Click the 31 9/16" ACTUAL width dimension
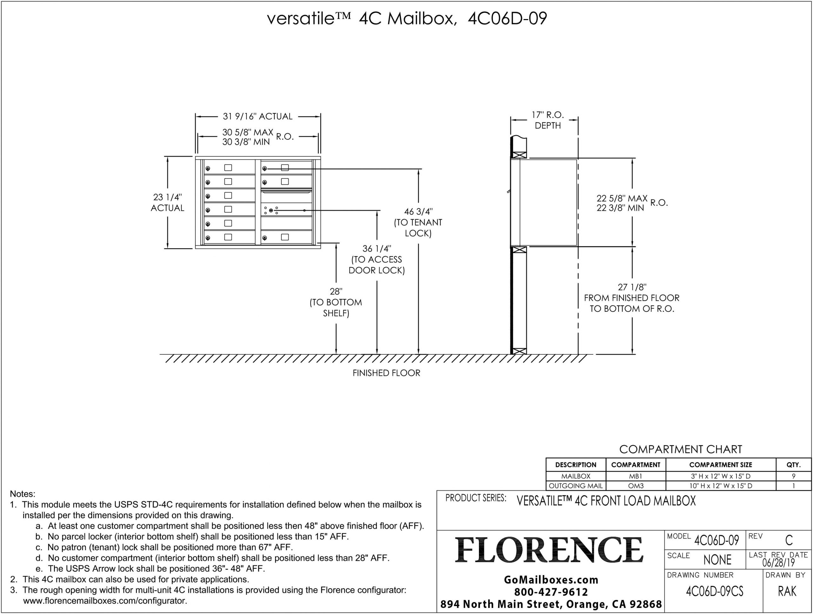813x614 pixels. click(x=258, y=117)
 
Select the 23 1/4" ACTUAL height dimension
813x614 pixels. click(x=167, y=203)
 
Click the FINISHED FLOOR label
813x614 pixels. click(x=386, y=373)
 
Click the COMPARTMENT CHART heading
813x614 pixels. click(x=681, y=449)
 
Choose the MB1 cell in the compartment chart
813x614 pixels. click(x=635, y=476)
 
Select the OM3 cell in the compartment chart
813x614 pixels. click(x=636, y=486)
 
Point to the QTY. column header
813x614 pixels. click(x=794, y=465)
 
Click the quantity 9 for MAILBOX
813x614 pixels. click(x=794, y=476)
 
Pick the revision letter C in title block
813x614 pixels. click(x=789, y=540)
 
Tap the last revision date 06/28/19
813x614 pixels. click(x=778, y=563)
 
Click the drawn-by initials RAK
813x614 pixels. click(x=787, y=591)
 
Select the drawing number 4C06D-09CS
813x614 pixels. click(x=715, y=591)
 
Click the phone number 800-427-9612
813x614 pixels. click(x=551, y=592)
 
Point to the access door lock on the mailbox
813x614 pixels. click(x=271, y=210)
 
